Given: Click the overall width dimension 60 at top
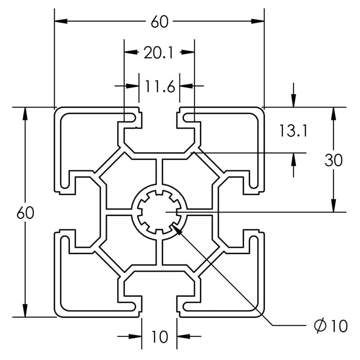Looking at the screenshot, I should coord(159,21).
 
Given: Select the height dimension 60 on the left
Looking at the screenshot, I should coord(25,213).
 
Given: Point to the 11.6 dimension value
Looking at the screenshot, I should coord(159,86).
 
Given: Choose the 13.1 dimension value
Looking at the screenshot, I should coord(292,131).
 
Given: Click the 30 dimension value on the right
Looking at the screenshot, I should coord(333,160).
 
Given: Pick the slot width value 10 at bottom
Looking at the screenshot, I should coord(159,337).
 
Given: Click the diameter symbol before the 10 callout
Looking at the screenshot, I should coord(320,325).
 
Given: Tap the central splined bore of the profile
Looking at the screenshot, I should coord(159,211).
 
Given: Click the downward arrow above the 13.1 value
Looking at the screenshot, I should coord(293,101).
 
